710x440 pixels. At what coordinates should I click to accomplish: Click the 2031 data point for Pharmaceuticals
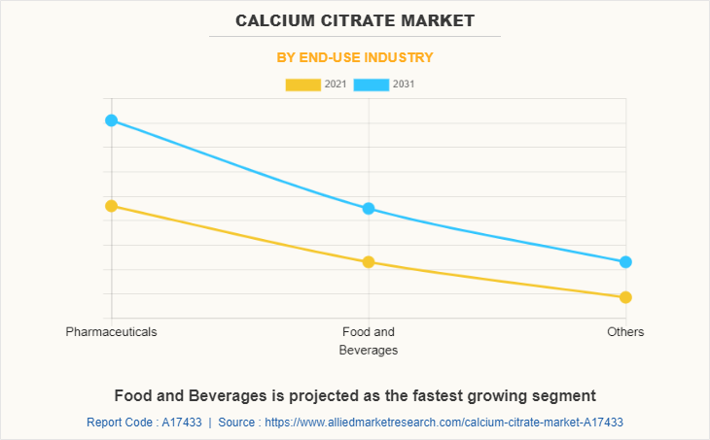(x=111, y=120)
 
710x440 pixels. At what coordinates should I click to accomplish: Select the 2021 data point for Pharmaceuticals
(x=111, y=206)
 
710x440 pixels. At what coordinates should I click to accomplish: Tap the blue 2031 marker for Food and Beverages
(x=369, y=209)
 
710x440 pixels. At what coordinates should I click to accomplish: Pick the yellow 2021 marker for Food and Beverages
(x=369, y=262)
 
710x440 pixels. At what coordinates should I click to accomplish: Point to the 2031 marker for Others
(x=625, y=262)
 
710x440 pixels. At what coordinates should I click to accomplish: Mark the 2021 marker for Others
(x=625, y=297)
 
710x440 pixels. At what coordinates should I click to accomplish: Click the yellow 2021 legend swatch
(x=302, y=85)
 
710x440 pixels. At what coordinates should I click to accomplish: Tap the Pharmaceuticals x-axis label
(x=111, y=332)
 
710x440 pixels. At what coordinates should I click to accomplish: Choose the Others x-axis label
(x=625, y=332)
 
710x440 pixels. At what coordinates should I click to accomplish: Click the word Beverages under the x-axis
(x=369, y=351)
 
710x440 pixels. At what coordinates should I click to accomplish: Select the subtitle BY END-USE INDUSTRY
(x=355, y=57)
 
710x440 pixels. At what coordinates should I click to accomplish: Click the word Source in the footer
(x=236, y=423)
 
